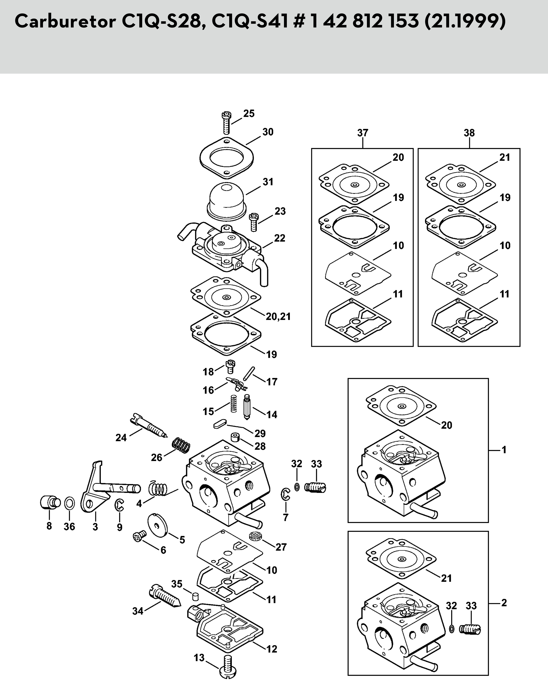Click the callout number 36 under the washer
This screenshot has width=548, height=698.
[69, 527]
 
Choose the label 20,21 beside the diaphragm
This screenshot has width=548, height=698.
[278, 316]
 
